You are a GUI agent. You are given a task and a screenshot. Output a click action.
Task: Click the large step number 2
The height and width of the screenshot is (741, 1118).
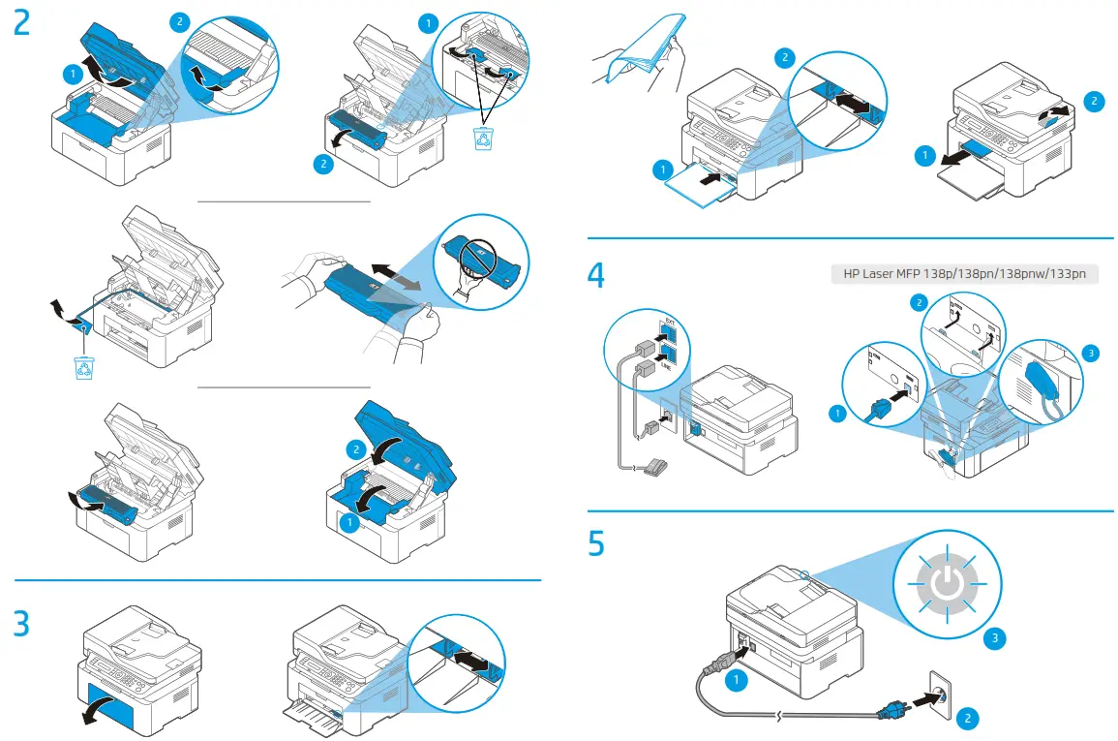(22, 23)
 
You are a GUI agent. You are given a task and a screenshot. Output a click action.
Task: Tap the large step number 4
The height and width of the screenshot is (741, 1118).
(597, 275)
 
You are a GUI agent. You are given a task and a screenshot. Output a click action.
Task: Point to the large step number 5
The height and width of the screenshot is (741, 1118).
(597, 543)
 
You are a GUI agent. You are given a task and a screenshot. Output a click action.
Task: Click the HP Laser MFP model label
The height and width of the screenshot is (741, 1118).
(964, 274)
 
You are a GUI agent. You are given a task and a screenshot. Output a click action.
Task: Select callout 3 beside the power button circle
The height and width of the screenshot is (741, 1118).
(994, 638)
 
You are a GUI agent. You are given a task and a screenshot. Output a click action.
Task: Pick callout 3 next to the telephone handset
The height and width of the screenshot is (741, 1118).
(1092, 354)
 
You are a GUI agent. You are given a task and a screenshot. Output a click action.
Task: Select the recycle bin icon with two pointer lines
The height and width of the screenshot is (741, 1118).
(482, 139)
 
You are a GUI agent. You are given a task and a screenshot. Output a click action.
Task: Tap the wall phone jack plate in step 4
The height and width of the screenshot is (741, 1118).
(669, 419)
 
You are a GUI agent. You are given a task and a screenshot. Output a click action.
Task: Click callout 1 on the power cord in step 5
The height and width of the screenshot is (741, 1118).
(737, 681)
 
